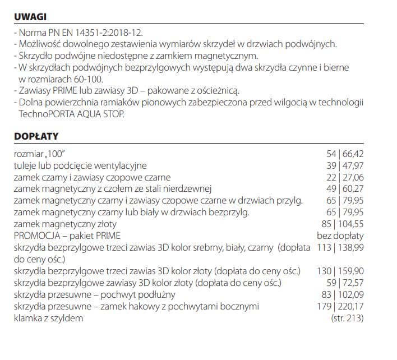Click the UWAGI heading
click(30, 17)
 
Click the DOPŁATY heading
click(36, 136)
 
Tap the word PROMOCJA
click(35, 236)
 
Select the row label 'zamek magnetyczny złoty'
click(62, 224)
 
